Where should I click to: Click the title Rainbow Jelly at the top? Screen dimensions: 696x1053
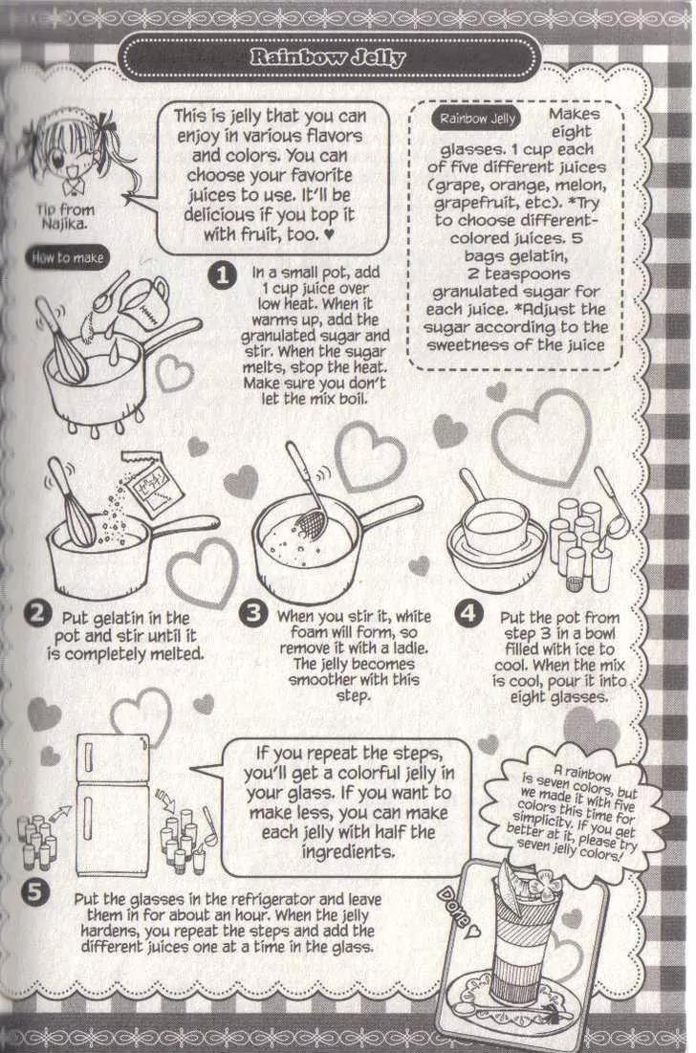[x=328, y=57]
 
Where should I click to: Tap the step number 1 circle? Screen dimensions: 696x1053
[x=222, y=275]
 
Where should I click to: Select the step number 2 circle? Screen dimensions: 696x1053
[x=37, y=615]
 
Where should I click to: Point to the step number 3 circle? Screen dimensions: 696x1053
[x=253, y=614]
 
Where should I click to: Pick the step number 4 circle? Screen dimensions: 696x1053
[x=468, y=614]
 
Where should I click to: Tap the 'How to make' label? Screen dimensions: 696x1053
[x=67, y=258]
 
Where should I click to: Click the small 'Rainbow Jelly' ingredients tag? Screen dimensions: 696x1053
[x=477, y=119]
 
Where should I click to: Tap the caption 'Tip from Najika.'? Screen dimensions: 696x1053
[x=65, y=216]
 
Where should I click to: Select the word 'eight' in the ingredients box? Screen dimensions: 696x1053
[x=571, y=132]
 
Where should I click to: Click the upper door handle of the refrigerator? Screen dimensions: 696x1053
[x=87, y=758]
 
